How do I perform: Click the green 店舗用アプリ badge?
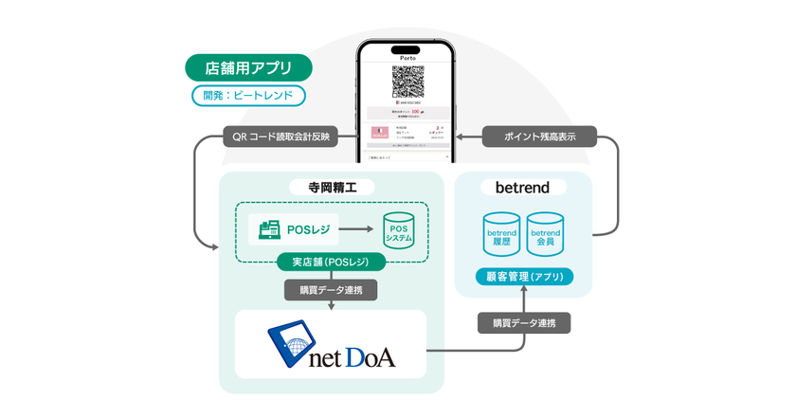[249, 68]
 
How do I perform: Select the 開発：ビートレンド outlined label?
[248, 95]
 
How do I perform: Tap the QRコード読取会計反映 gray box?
[280, 136]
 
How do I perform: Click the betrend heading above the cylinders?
[523, 187]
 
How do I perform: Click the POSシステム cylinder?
[398, 232]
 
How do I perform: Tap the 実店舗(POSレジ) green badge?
[331, 262]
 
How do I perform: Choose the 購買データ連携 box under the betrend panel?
[523, 322]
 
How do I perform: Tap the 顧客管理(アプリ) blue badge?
[523, 277]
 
